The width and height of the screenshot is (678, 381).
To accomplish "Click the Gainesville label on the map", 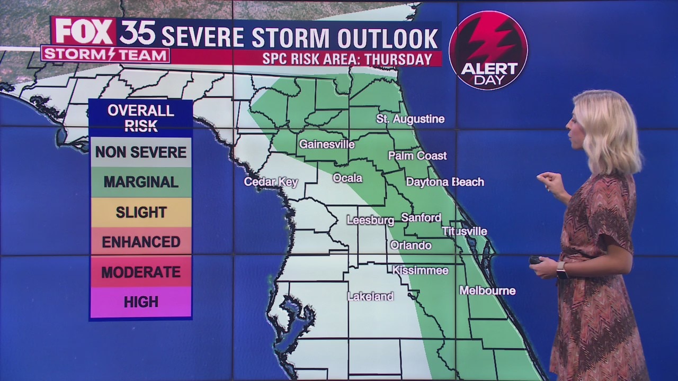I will (327, 144).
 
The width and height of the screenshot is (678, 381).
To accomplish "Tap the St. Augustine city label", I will (410, 119).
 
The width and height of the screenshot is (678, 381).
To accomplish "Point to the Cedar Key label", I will (271, 182).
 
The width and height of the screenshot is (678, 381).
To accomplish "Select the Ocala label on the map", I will (347, 178).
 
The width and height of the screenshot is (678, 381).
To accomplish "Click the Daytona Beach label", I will (444, 182).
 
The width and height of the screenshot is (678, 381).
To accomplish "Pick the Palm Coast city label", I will (417, 156).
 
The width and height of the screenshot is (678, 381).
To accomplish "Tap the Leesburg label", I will (370, 220).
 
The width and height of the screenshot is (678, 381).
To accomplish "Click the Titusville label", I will (465, 231).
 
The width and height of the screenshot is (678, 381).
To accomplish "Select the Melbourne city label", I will (487, 291).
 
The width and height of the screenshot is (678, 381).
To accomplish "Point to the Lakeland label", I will (370, 297).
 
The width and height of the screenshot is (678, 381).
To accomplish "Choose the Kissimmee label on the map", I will (420, 270).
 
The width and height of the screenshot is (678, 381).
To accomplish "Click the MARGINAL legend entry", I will (141, 182).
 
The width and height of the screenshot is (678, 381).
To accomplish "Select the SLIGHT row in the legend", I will (141, 212).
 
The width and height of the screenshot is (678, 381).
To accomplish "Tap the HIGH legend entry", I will (141, 302).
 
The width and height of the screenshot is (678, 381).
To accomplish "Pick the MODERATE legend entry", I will (141, 272).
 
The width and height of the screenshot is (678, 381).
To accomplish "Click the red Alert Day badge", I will (488, 50).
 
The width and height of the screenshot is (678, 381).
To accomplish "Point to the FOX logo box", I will (84, 32).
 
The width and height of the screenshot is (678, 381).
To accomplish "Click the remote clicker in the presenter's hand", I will (536, 260).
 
